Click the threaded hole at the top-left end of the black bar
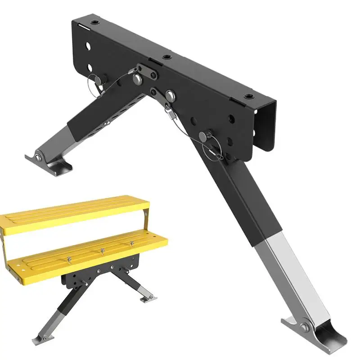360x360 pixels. pos(94,22)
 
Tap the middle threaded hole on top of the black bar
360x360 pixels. pos(167,58)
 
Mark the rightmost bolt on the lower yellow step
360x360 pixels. pos(132,243)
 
